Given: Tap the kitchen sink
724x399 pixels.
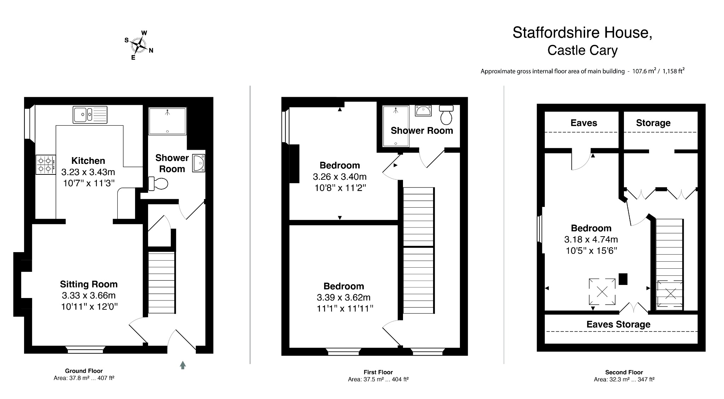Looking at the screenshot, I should (x=90, y=115).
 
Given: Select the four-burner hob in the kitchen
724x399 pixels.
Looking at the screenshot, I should (x=45, y=165).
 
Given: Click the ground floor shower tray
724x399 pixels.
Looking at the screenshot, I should (x=167, y=121).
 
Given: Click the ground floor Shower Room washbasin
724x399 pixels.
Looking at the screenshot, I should (x=199, y=163).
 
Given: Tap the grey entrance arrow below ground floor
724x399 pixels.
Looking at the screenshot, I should (x=183, y=365).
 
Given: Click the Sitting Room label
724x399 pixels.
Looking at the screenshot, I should (x=89, y=284).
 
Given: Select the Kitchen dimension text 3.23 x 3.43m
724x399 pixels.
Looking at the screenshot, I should (x=88, y=172).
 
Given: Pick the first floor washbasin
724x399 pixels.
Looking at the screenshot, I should (x=423, y=111).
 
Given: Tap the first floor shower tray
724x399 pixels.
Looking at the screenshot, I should (x=396, y=126).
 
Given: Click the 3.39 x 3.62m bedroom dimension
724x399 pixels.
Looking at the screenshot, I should (x=344, y=297).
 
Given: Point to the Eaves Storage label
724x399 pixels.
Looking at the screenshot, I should (x=618, y=324).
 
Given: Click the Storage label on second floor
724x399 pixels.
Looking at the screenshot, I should (x=653, y=123).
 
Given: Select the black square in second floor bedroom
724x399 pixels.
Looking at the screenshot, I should (x=623, y=279).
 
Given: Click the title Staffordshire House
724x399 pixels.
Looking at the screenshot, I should (x=582, y=33).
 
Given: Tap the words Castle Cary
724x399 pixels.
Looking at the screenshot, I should (x=582, y=50).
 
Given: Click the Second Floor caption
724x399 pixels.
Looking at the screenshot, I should (x=624, y=372).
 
